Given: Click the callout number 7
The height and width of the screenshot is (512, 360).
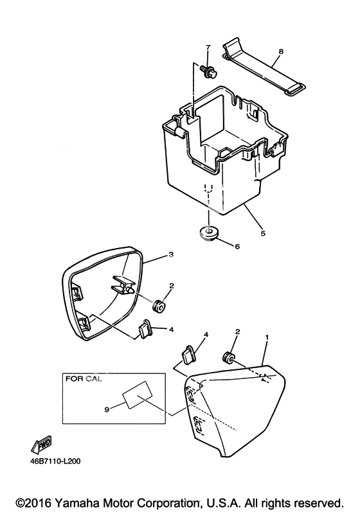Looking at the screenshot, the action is [x=208, y=47].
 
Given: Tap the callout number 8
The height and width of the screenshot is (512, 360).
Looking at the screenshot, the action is [x=281, y=51].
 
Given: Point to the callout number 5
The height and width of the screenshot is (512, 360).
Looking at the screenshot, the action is [x=263, y=233].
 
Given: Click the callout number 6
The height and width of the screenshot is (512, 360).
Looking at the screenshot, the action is [x=237, y=246].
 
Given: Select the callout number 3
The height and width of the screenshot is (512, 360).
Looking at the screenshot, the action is [x=171, y=254].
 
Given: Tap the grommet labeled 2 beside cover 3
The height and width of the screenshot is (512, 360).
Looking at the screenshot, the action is [x=159, y=306].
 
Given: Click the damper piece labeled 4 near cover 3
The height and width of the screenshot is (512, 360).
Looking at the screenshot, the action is [x=145, y=329].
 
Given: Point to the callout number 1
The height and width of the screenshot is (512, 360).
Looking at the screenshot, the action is [x=267, y=337].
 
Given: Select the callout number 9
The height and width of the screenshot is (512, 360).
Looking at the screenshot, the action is [x=107, y=409].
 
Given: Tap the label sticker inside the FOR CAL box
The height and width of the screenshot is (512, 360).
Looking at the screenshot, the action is [x=138, y=394].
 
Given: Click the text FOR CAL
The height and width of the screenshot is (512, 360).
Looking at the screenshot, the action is [x=84, y=379].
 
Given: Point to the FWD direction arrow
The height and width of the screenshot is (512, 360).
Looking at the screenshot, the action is [x=41, y=445].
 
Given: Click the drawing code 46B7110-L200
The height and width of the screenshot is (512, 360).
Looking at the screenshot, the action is [x=55, y=461].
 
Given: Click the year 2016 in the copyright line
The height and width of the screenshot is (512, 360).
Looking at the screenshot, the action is [x=39, y=502].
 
